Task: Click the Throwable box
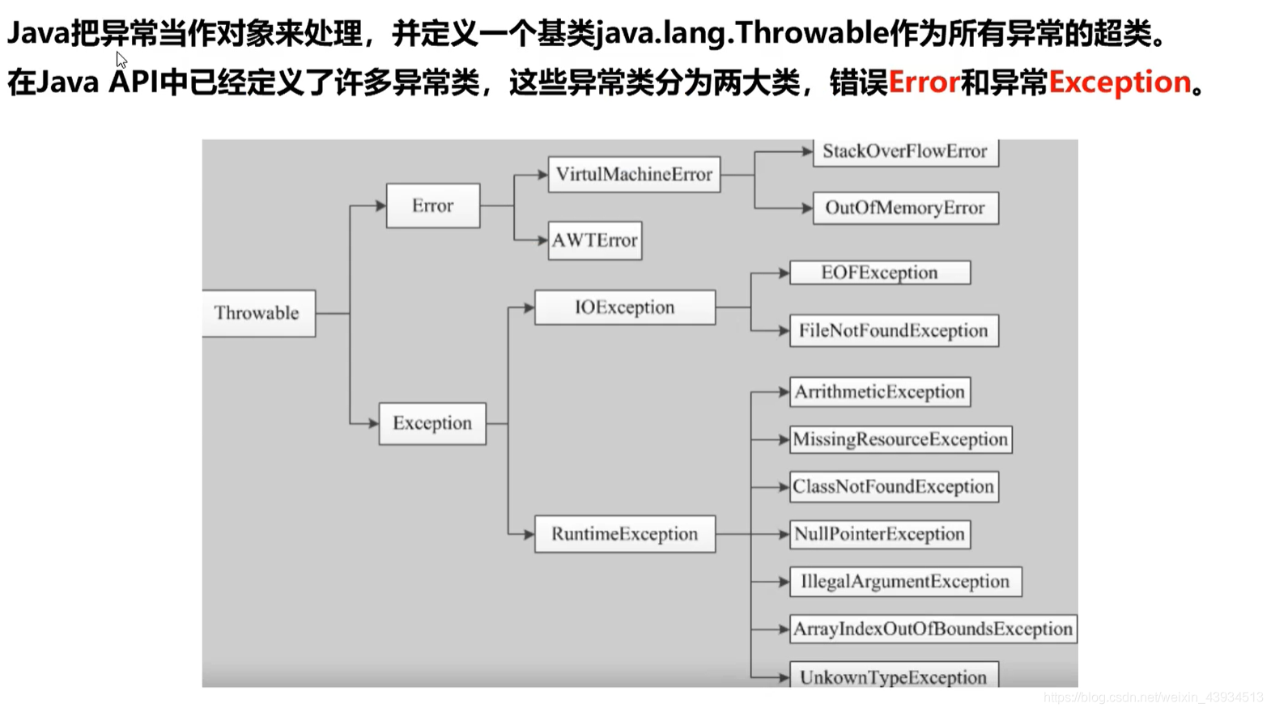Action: point(258,313)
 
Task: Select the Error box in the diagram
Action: point(432,206)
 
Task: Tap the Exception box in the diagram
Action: point(432,423)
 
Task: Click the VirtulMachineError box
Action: point(634,174)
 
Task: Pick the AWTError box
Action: point(595,240)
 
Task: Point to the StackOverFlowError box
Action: point(905,151)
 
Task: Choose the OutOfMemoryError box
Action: point(905,208)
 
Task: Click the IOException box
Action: point(625,307)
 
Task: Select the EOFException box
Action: point(880,273)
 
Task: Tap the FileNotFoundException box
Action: point(894,331)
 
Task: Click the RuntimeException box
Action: point(625,534)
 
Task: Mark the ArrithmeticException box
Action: point(880,392)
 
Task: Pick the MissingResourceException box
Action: point(900,439)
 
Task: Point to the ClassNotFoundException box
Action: point(894,486)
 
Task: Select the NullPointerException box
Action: point(880,534)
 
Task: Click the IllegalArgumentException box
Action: point(905,582)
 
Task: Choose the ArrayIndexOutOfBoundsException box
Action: point(933,629)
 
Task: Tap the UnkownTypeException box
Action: point(894,676)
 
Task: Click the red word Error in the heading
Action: point(924,82)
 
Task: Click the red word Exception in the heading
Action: point(1120,82)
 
